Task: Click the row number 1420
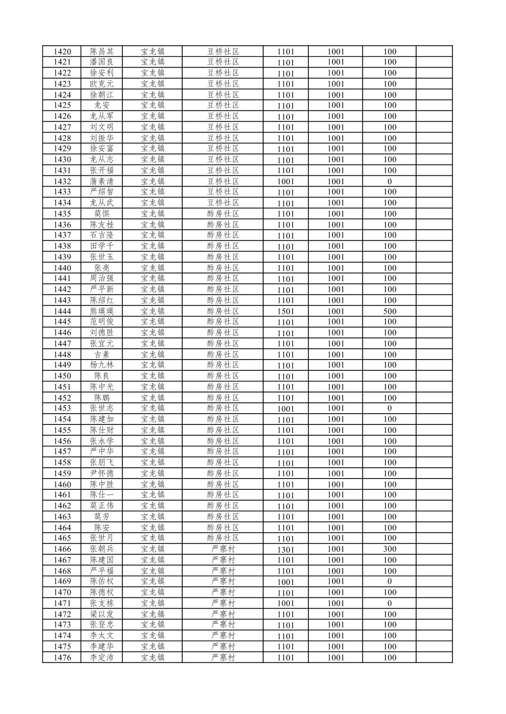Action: pyautogui.click(x=62, y=52)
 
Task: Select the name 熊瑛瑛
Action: pyautogui.click(x=102, y=311)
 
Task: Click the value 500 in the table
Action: pyautogui.click(x=389, y=311)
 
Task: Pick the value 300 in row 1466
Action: pyautogui.click(x=389, y=549)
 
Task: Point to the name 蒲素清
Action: pyautogui.click(x=102, y=181)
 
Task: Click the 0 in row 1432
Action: pyautogui.click(x=389, y=181)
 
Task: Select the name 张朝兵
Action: pyautogui.click(x=102, y=549)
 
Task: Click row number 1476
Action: pyautogui.click(x=62, y=658)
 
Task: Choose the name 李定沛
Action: pyautogui.click(x=102, y=658)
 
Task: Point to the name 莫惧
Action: pyautogui.click(x=102, y=214)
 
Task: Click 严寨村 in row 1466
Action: pyautogui.click(x=223, y=549)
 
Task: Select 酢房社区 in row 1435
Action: pyautogui.click(x=223, y=214)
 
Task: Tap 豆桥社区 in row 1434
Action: pyautogui.click(x=223, y=203)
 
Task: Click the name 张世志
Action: pyautogui.click(x=102, y=408)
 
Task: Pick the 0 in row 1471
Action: pyautogui.click(x=389, y=603)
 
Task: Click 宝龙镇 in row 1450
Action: pyautogui.click(x=153, y=376)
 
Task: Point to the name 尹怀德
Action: pyautogui.click(x=102, y=473)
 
